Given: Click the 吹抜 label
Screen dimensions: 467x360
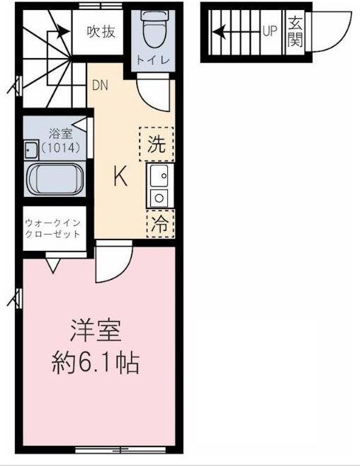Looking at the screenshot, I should [102, 31].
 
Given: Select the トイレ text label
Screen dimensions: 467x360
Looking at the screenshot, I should [154, 60].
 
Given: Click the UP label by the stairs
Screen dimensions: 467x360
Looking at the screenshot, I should [269, 31].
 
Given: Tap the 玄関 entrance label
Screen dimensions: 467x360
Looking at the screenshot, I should [295, 31].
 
